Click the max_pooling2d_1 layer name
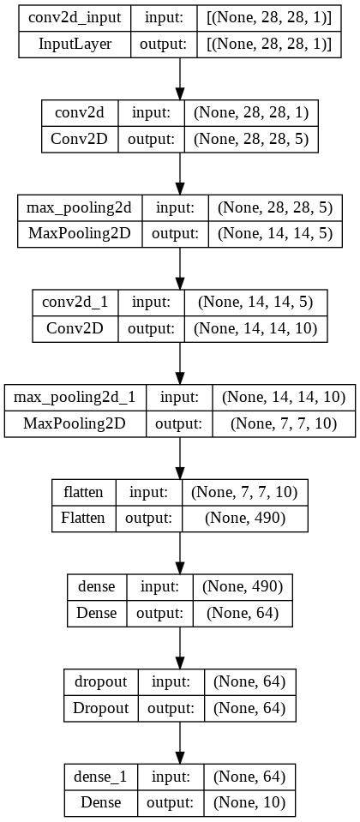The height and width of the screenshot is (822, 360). (75, 397)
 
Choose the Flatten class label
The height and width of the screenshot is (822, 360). (81, 517)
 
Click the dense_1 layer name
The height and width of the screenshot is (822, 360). (100, 777)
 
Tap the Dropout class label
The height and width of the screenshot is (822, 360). (99, 707)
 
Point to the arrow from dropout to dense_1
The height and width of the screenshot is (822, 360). (179, 740)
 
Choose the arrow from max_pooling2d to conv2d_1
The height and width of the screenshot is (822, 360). (179, 266)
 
